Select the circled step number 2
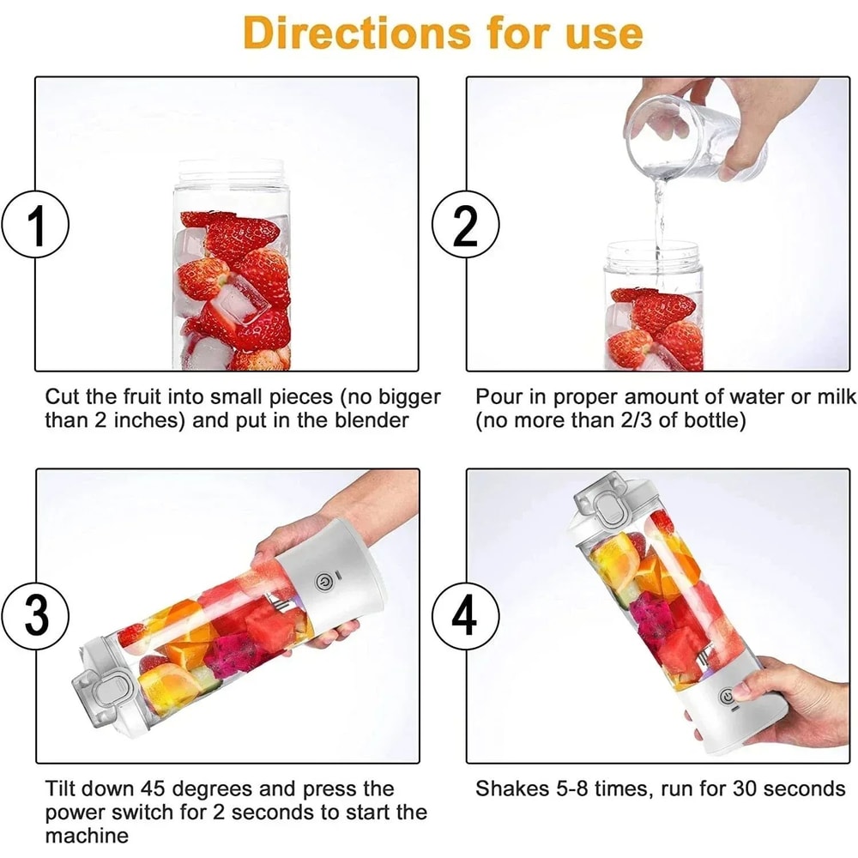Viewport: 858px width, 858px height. (x=464, y=226)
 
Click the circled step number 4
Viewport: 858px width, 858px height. (x=464, y=616)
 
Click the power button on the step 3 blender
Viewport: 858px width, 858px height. (x=323, y=582)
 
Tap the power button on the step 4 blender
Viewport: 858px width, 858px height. (x=728, y=696)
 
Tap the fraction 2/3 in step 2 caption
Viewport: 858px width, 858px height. (x=636, y=420)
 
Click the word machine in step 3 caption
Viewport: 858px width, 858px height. (x=87, y=835)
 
